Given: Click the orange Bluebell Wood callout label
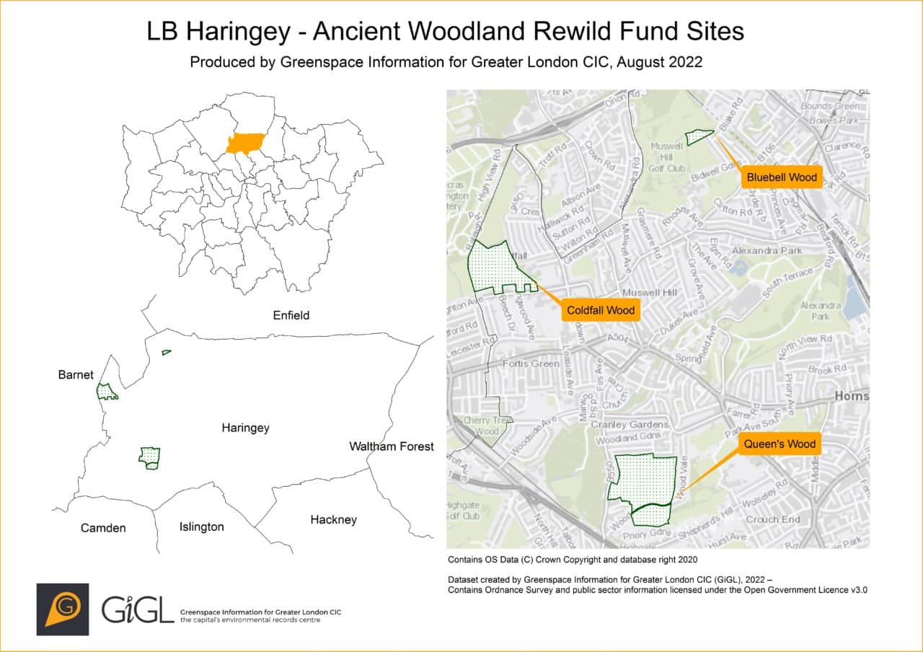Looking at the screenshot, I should click(782, 177).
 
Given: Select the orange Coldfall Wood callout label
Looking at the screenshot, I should click(600, 311).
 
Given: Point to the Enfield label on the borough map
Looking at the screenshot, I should click(291, 315).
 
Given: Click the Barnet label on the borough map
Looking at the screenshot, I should click(76, 374).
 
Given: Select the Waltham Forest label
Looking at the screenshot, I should click(392, 446).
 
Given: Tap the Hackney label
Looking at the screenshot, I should click(333, 519).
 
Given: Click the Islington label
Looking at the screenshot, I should click(201, 527).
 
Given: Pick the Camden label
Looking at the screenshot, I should click(103, 528).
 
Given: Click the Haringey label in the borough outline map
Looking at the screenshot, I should click(245, 428).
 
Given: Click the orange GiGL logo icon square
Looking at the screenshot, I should click(63, 609).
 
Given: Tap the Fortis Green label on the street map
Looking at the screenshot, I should click(531, 364).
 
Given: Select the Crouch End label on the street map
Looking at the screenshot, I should click(772, 519).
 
